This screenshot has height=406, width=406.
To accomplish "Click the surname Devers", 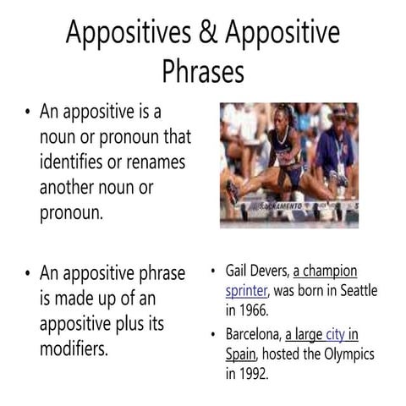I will click(x=271, y=272).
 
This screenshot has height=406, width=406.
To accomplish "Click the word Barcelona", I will click(x=253, y=334).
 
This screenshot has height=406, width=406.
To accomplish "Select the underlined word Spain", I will click(x=241, y=353).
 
